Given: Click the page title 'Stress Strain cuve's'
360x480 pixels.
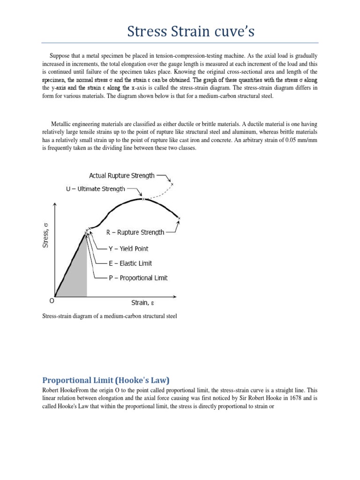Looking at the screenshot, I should (180, 32).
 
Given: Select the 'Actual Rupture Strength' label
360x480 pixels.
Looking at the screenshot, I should (121, 176).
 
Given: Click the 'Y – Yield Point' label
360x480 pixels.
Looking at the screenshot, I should (128, 248).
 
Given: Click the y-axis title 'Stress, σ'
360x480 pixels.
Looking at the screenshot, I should (46, 236).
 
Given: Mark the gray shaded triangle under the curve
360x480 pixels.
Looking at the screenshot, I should (77, 277).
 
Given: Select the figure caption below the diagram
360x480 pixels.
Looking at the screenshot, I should (109, 316).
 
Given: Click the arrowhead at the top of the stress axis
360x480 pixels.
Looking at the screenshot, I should (56, 205).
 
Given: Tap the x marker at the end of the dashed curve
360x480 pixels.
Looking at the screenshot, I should (172, 184).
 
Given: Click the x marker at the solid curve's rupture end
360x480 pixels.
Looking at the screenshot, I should (179, 218).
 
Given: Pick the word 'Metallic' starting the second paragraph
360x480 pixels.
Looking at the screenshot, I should (60, 124).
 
